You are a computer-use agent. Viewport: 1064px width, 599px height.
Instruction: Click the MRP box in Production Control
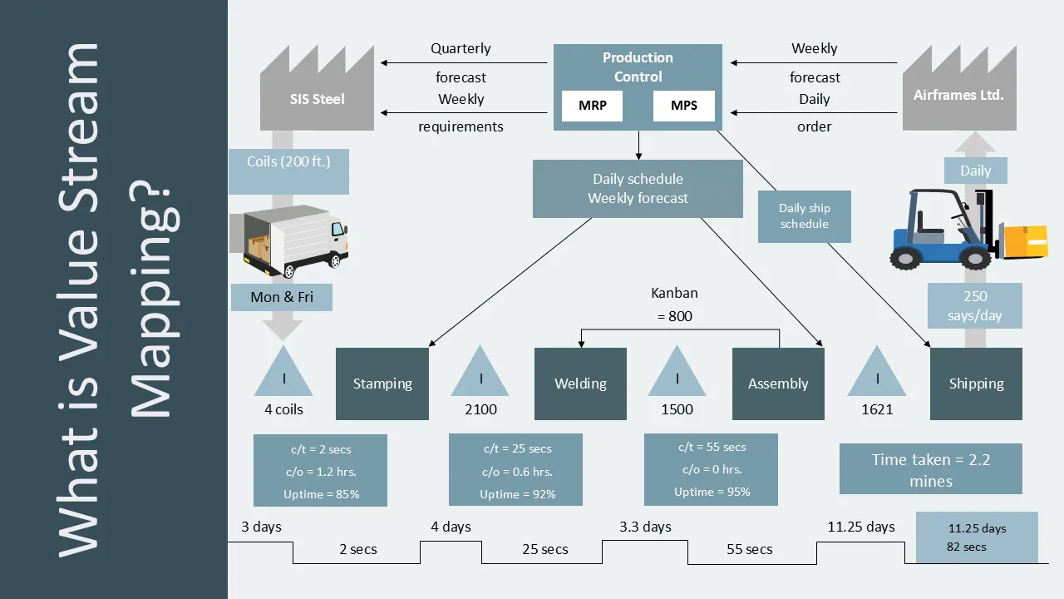click(592, 106)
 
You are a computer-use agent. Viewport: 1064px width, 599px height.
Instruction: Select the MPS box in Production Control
click(684, 106)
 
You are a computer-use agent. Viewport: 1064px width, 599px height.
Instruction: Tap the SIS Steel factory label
click(317, 99)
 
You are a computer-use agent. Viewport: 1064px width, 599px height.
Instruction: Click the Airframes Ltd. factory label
click(958, 95)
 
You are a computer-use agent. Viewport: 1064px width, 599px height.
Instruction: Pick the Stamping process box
click(382, 384)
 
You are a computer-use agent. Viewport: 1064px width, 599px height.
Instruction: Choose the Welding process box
click(580, 384)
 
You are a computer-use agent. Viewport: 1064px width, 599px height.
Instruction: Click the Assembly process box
click(778, 384)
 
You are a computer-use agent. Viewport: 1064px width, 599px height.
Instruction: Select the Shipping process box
click(976, 384)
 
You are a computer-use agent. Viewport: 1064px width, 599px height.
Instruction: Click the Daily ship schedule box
click(804, 216)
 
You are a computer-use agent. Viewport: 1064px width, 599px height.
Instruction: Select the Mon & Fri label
click(282, 297)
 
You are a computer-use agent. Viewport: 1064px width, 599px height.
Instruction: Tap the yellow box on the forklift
click(1026, 242)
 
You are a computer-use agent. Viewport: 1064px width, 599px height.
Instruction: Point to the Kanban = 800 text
click(674, 304)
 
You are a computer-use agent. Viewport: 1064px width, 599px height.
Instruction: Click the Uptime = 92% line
click(518, 494)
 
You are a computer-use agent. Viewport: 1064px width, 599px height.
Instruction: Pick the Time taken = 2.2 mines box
click(930, 469)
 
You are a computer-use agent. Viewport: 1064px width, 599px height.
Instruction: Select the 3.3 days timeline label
click(645, 527)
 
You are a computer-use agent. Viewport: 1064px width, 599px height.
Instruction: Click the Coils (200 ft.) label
click(288, 161)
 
